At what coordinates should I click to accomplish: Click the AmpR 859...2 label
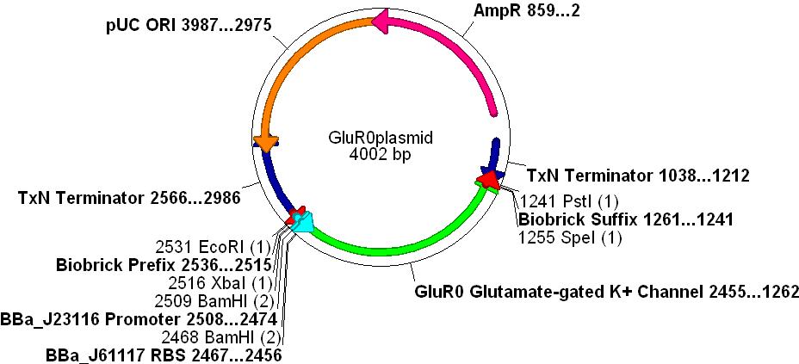point(527,12)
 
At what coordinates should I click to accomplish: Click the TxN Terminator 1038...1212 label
point(637,176)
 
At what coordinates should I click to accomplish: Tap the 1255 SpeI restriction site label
point(570,237)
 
